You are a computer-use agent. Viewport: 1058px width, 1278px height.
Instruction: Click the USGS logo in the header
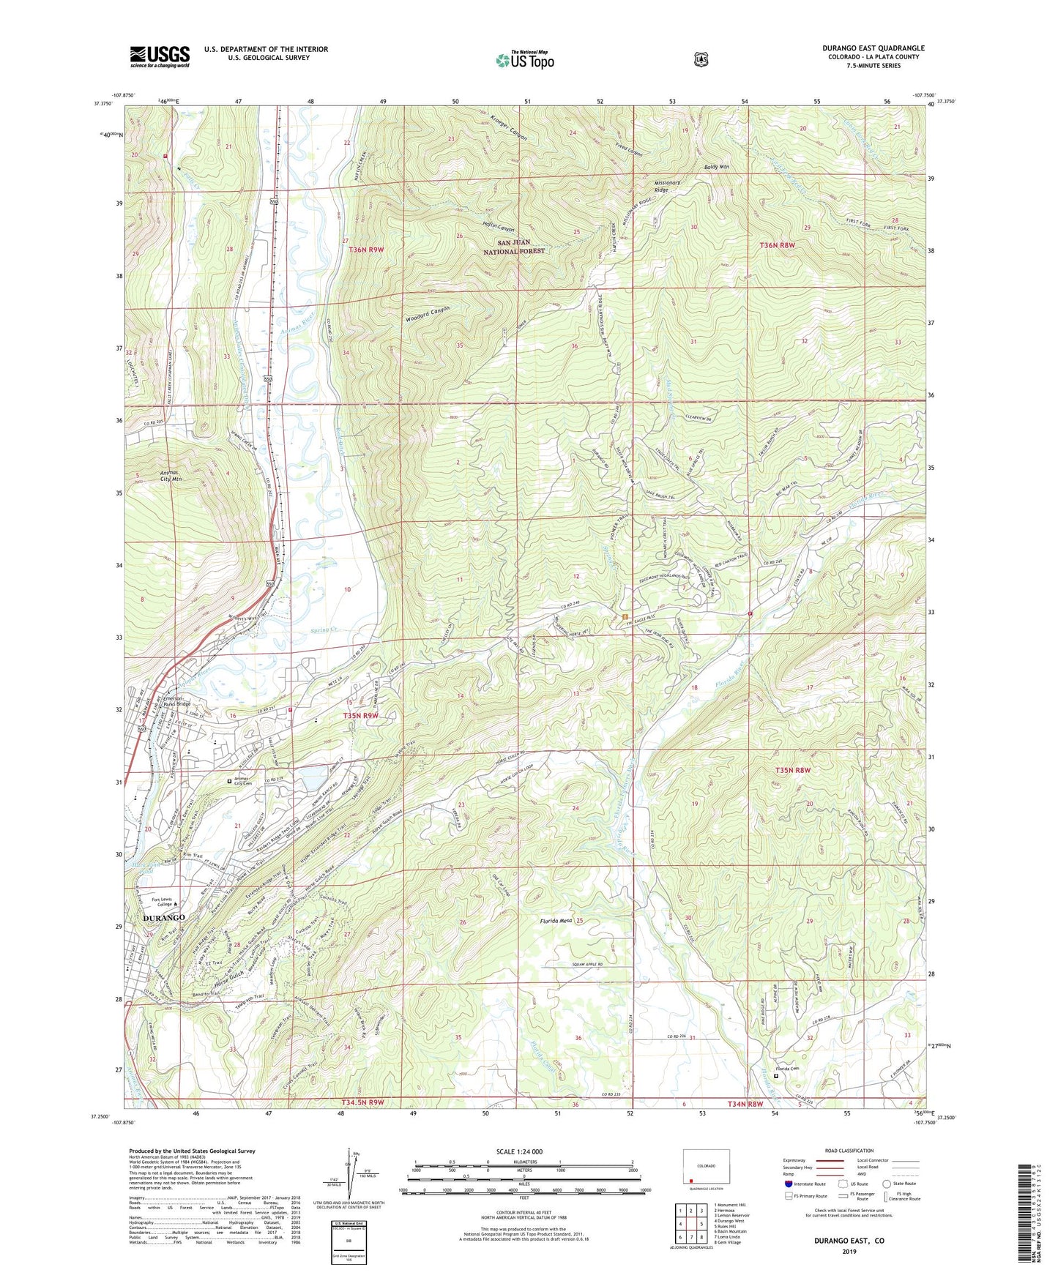(160, 56)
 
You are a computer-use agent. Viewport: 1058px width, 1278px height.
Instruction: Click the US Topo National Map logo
(524, 59)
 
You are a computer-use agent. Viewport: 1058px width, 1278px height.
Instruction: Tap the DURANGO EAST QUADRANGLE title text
(873, 48)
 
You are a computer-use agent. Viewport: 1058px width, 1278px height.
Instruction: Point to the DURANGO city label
(164, 917)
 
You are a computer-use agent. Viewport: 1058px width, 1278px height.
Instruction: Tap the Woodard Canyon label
(427, 314)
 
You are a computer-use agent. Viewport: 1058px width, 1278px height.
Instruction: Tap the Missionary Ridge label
(667, 185)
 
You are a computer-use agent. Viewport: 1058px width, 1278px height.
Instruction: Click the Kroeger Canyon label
(507, 127)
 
